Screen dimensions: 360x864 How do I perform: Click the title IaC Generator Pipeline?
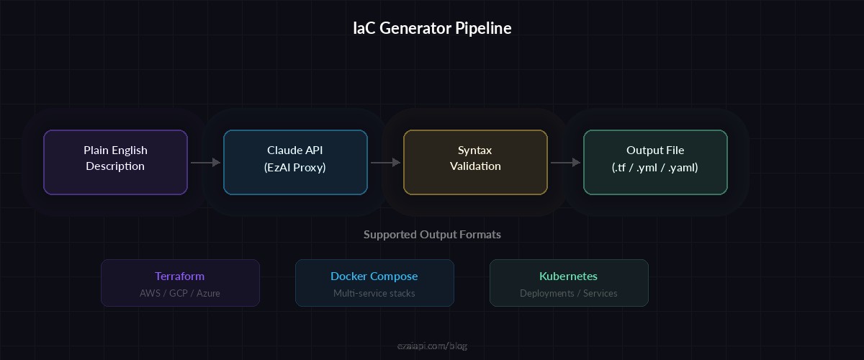[x=432, y=28]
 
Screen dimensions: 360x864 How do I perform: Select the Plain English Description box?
[x=115, y=162]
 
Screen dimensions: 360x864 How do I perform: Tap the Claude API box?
[x=295, y=162]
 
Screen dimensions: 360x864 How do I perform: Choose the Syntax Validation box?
[x=475, y=162]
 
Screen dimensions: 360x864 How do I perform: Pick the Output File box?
[x=655, y=162]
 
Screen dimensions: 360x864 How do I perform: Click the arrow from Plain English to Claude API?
[x=205, y=163]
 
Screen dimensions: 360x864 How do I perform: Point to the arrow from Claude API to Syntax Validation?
[x=385, y=163]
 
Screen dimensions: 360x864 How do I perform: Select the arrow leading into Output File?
[x=565, y=163]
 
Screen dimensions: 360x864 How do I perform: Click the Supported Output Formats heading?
[x=432, y=234]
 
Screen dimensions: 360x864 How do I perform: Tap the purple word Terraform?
[x=179, y=276]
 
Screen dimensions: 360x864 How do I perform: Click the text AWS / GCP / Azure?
[x=179, y=293]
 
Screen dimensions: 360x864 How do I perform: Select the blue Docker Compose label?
[x=374, y=276]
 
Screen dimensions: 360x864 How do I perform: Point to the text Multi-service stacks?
[x=374, y=293]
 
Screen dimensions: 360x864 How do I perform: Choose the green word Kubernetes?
[x=568, y=276]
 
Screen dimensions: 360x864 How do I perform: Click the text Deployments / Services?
[x=568, y=293]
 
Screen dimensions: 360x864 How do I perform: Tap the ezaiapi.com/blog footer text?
[x=432, y=346]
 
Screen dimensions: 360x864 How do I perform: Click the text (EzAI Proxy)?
[x=295, y=167]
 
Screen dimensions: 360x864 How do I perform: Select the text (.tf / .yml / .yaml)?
[x=655, y=167]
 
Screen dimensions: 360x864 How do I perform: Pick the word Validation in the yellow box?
[x=475, y=166]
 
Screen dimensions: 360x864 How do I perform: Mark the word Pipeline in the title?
[x=483, y=28]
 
